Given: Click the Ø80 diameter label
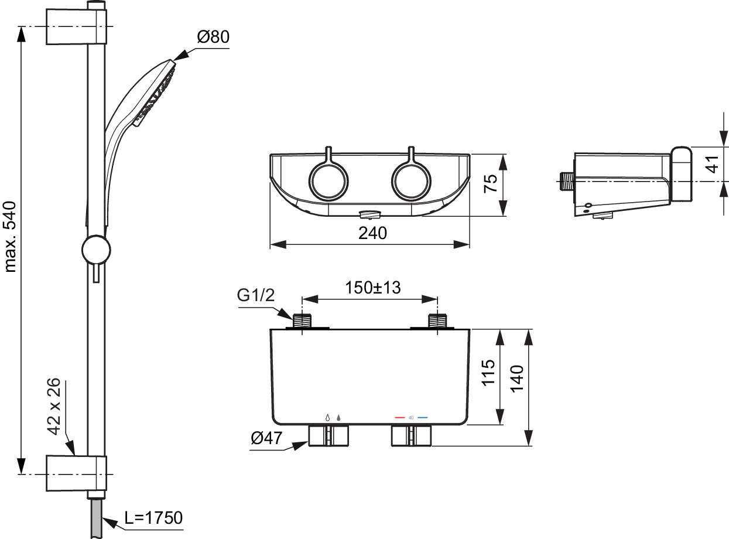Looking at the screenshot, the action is point(213,36).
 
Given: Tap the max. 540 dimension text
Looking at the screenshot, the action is point(11,237).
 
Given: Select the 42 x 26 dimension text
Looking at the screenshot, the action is point(53,407).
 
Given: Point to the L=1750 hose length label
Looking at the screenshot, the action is point(153,518).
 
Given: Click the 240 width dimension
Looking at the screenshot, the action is point(372,233).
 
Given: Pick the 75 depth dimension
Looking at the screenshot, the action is point(491,183).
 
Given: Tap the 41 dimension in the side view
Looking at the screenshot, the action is point(712,164).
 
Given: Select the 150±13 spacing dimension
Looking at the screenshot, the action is point(373,288).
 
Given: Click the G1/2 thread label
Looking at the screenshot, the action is point(256,295).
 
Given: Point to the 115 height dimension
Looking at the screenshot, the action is point(488,372).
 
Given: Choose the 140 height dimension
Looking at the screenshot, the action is point(516,378).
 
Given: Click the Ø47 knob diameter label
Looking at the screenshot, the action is point(266,438).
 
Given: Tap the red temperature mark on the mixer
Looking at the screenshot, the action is point(400,418).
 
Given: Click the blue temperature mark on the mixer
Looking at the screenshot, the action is point(423,418).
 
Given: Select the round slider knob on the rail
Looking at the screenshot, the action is point(96,250).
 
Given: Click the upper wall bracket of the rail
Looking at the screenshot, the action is point(76,26).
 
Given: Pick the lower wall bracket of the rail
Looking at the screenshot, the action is point(76,473).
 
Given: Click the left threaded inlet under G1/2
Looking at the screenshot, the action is point(302,320).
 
